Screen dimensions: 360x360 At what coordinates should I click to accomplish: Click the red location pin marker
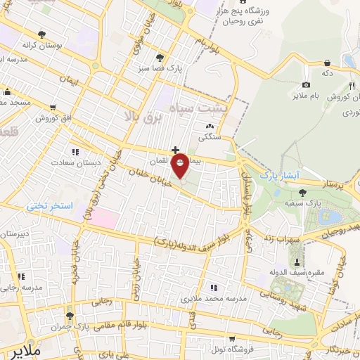point(180,166)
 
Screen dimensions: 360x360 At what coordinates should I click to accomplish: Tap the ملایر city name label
point(18,349)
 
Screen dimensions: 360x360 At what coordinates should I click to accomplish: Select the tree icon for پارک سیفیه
point(303,191)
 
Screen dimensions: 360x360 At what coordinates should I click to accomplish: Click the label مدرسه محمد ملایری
point(211,299)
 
